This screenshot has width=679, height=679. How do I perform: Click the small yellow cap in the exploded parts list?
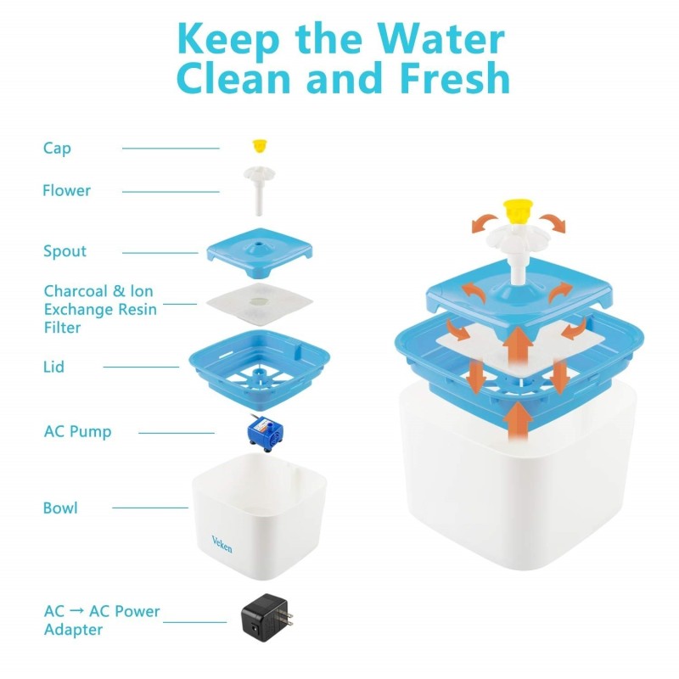(260, 146)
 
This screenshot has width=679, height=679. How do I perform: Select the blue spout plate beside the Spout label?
(260, 253)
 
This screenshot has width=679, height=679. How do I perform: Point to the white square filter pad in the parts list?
(260, 305)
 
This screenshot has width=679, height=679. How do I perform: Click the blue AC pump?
(265, 433)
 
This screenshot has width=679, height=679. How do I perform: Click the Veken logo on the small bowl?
(222, 544)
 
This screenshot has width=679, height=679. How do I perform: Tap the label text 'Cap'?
(57, 148)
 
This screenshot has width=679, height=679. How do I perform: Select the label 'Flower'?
(67, 190)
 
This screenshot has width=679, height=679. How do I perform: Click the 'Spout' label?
(65, 251)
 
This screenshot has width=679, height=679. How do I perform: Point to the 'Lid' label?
(53, 367)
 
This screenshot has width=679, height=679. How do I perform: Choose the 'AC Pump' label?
(77, 432)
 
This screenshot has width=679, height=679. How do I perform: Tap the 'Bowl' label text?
(60, 508)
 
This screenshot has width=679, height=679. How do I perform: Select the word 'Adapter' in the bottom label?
(74, 630)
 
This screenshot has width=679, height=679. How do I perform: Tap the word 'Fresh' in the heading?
(455, 77)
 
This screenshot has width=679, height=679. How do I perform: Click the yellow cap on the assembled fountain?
(518, 211)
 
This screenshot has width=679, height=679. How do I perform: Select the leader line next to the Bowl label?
(150, 508)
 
